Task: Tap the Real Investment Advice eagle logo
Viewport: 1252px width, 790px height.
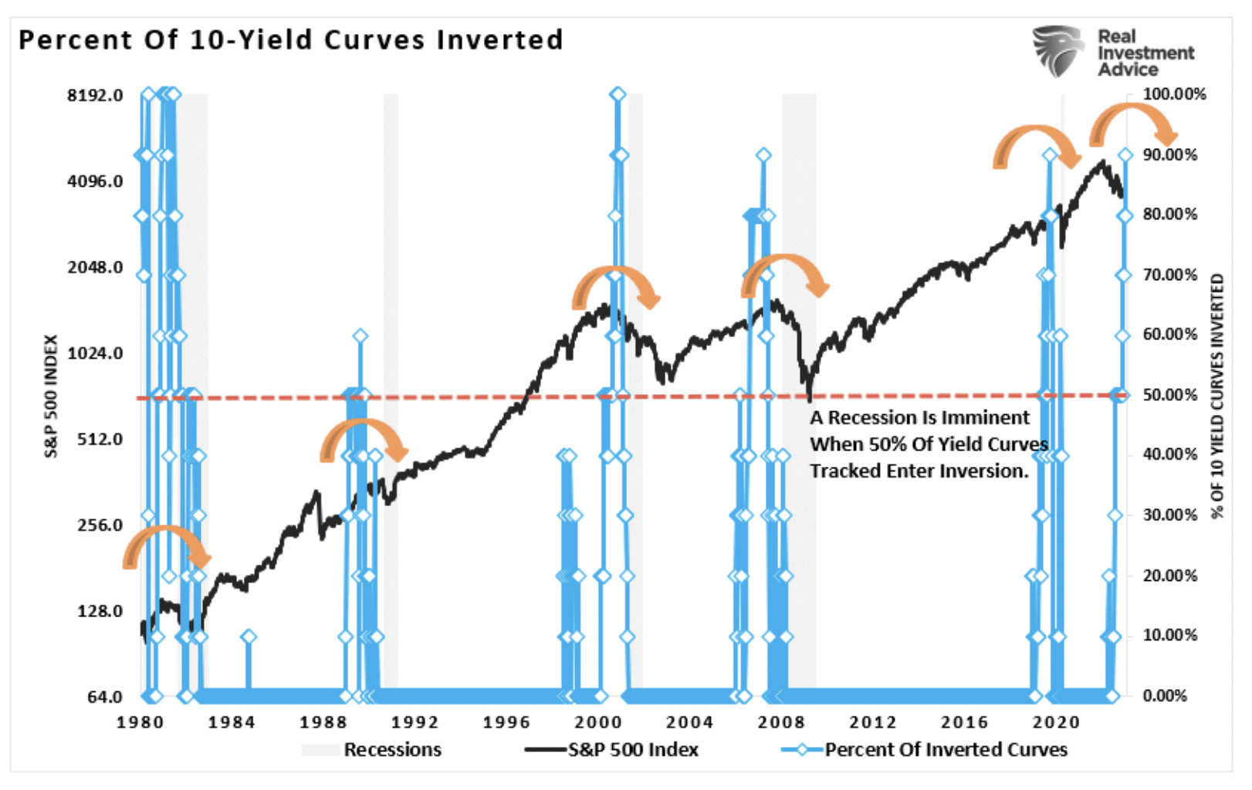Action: click(x=1058, y=51)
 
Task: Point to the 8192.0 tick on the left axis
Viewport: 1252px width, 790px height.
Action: click(x=95, y=95)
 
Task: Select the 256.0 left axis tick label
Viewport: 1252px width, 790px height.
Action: click(x=100, y=525)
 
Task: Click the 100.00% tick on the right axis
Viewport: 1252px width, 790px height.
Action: click(x=1174, y=94)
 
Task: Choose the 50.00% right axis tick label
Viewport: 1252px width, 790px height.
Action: click(x=1170, y=395)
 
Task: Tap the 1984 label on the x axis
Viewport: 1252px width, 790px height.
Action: click(x=232, y=722)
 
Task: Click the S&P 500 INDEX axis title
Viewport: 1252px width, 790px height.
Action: click(x=52, y=396)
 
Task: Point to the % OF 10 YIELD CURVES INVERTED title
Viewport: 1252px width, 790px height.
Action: click(x=1218, y=396)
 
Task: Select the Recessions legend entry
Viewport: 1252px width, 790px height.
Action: click(x=392, y=750)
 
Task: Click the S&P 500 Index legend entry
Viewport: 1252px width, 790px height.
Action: click(x=633, y=750)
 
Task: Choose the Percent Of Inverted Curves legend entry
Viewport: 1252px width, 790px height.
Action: click(x=946, y=750)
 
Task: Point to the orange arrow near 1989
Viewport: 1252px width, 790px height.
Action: click(x=363, y=438)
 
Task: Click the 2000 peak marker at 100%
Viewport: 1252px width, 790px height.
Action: click(x=618, y=95)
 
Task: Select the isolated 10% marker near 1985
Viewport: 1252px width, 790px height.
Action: click(x=249, y=636)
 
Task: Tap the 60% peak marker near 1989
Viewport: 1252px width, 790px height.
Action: click(x=360, y=336)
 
